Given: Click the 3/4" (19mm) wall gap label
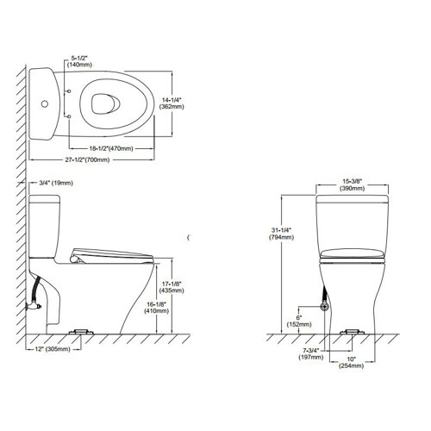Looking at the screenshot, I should (54, 182).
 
